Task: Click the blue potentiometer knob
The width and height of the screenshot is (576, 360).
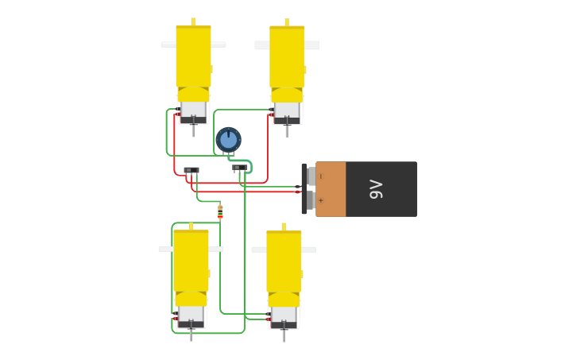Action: pyautogui.click(x=228, y=139)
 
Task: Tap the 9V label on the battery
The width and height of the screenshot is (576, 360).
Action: pyautogui.click(x=376, y=189)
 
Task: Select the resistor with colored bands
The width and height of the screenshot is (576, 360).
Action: pyautogui.click(x=220, y=211)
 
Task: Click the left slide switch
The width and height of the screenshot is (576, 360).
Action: pyautogui.click(x=191, y=170)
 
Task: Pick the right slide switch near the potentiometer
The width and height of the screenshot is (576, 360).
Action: pyautogui.click(x=240, y=168)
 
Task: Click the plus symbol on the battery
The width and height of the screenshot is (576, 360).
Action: pyautogui.click(x=321, y=200)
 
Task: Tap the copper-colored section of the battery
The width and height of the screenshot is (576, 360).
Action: pyautogui.click(x=331, y=189)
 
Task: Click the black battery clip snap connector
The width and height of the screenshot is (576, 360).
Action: pyautogui.click(x=304, y=189)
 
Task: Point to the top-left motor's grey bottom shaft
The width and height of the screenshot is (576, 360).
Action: pyautogui.click(x=193, y=130)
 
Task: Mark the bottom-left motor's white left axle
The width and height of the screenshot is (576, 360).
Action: pyautogui.click(x=165, y=249)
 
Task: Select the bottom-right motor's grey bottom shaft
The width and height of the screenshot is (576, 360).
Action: pyautogui.click(x=284, y=335)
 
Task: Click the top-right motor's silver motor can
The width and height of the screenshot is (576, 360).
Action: pyautogui.click(x=287, y=110)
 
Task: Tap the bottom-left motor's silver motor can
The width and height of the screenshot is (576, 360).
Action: pyautogui.click(x=191, y=314)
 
